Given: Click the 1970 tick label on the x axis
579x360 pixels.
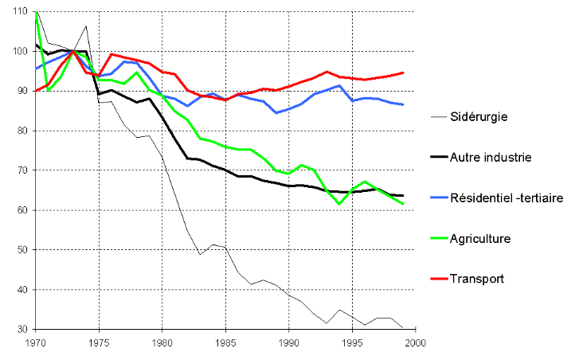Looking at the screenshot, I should pos(36,345).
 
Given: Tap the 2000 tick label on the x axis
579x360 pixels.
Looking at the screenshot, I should pos(415,345).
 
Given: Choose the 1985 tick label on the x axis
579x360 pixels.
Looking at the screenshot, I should pos(225,345).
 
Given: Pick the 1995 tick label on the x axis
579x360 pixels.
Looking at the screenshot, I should pos(352,345).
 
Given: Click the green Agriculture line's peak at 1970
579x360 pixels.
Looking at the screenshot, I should pos(37,13).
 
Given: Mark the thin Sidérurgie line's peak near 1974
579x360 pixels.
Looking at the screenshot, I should pos(86,26).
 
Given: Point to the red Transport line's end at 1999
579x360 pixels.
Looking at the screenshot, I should pos(403,72).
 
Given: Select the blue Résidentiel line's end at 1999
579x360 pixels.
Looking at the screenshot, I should pos(403,104).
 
